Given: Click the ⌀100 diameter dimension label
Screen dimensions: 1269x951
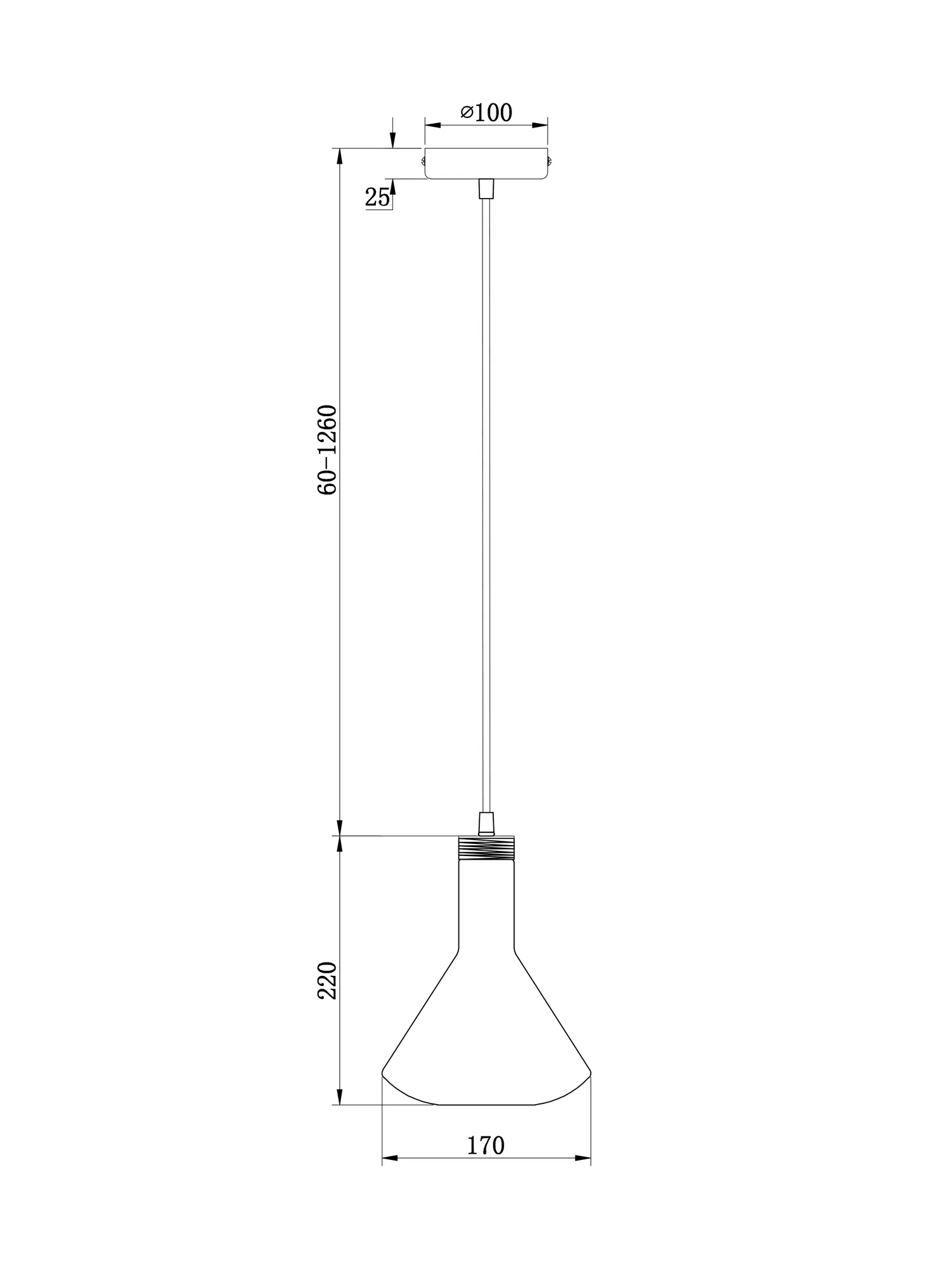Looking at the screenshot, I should point(486,113).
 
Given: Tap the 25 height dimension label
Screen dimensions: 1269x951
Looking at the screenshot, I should point(377,198).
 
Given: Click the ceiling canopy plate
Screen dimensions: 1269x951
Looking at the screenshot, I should point(486,163).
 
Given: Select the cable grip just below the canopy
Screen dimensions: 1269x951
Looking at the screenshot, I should point(486,188).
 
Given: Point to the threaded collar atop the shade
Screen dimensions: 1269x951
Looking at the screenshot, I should point(486,848).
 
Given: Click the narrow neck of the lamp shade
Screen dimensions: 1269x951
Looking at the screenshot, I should point(486,907).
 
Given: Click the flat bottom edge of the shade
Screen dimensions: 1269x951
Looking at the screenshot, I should point(486,1105).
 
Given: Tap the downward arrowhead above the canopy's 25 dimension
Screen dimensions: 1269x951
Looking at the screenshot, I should point(392,141).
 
